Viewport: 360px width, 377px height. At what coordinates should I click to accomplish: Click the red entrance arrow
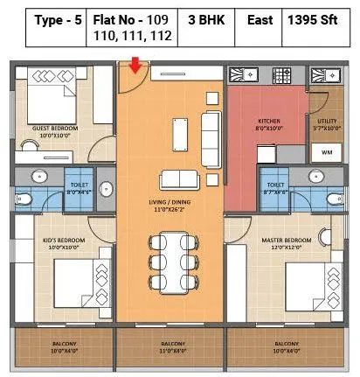click(x=135, y=64)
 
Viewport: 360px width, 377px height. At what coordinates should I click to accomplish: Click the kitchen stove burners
click(x=283, y=75)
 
